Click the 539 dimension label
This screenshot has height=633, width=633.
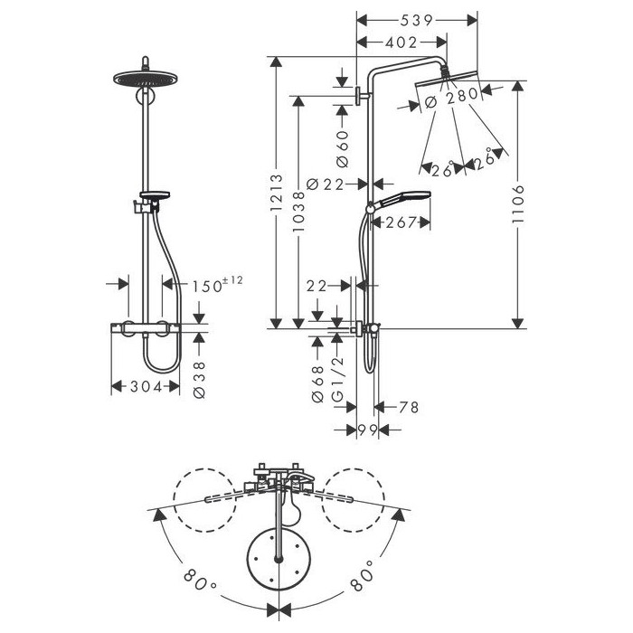tap(417, 21)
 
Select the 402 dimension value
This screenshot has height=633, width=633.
tap(401, 42)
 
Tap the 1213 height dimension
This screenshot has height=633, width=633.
tap(277, 193)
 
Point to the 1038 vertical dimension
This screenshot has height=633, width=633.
tap(298, 212)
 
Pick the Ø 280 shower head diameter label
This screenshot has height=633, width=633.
tap(451, 98)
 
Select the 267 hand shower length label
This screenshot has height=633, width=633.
tap(401, 222)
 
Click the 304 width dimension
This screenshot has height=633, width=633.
tap(146, 387)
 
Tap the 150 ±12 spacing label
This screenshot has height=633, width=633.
tap(217, 284)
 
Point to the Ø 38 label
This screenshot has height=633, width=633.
tap(200, 380)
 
